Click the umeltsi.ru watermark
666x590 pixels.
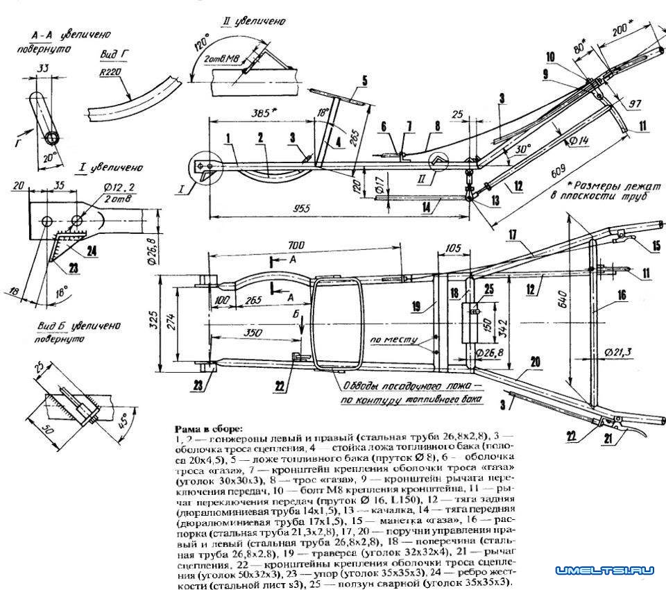[604, 570]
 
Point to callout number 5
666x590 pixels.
[363, 80]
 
